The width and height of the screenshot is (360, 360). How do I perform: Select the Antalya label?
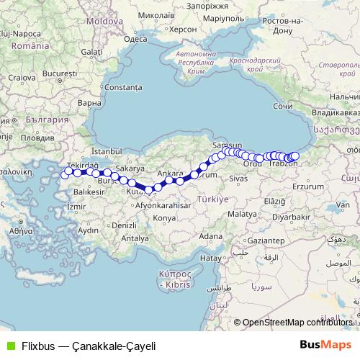130,238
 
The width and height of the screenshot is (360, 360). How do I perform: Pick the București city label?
60,73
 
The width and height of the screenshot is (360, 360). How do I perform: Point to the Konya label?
165,217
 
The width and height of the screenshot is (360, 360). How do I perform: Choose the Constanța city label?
120,87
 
